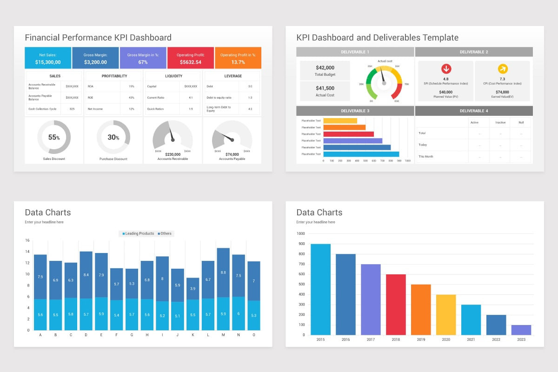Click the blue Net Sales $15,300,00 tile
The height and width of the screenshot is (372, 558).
pos(48,58)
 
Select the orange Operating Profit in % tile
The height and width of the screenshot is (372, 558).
pos(238,58)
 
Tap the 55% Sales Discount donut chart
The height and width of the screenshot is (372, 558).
pos(54,137)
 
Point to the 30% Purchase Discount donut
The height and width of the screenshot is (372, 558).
pos(113,137)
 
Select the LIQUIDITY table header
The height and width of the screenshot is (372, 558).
pos(173,76)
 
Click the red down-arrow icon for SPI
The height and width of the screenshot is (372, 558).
pos(446,69)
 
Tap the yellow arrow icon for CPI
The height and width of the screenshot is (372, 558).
pos(503,69)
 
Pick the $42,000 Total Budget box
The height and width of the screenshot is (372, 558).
pos(325,71)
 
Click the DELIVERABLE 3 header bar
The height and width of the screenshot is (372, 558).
pos(355,111)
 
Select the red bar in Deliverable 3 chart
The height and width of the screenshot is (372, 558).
pos(348,134)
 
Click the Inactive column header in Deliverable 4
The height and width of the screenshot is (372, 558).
pos(500,123)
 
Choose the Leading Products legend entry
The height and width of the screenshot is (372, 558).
pos(138,233)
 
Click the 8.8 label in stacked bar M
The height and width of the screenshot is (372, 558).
pos(223,272)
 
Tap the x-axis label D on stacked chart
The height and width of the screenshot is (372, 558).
pos(86,335)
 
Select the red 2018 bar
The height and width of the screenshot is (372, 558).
pos(396,304)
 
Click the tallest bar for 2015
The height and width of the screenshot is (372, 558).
pos(320,289)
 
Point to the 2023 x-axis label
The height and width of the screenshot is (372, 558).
pos(521,340)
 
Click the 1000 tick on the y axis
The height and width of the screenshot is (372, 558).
pos(300,233)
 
